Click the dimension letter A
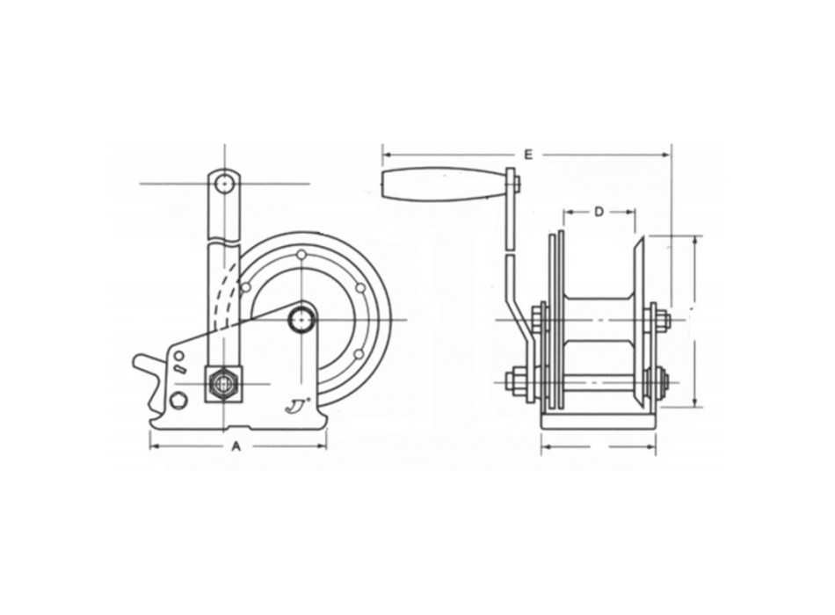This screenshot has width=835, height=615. (236, 447)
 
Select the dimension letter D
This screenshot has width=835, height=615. (599, 211)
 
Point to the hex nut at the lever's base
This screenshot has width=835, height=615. (223, 384)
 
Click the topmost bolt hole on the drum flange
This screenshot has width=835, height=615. (301, 255)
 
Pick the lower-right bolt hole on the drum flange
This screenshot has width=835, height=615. (359, 353)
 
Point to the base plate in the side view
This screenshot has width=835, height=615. (598, 423)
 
